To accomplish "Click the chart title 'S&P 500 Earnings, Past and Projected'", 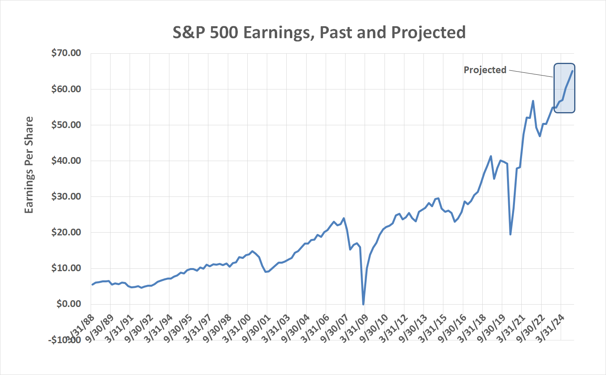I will click(x=319, y=32).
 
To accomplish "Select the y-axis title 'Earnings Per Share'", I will click(x=29, y=165).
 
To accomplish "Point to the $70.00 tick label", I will click(x=66, y=53).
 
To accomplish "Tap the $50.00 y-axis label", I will click(x=66, y=125).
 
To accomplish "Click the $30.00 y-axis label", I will click(x=66, y=196).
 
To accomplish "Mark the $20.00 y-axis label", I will click(x=66, y=232).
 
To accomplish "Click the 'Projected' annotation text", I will click(x=485, y=70).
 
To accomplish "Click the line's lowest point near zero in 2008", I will click(x=363, y=304).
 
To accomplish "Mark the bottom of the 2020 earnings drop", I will click(x=510, y=234).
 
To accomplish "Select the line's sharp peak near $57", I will click(x=533, y=101).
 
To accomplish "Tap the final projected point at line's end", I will click(x=572, y=71).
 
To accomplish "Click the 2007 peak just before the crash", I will click(x=344, y=218).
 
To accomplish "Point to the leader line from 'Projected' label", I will click(x=531, y=74).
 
